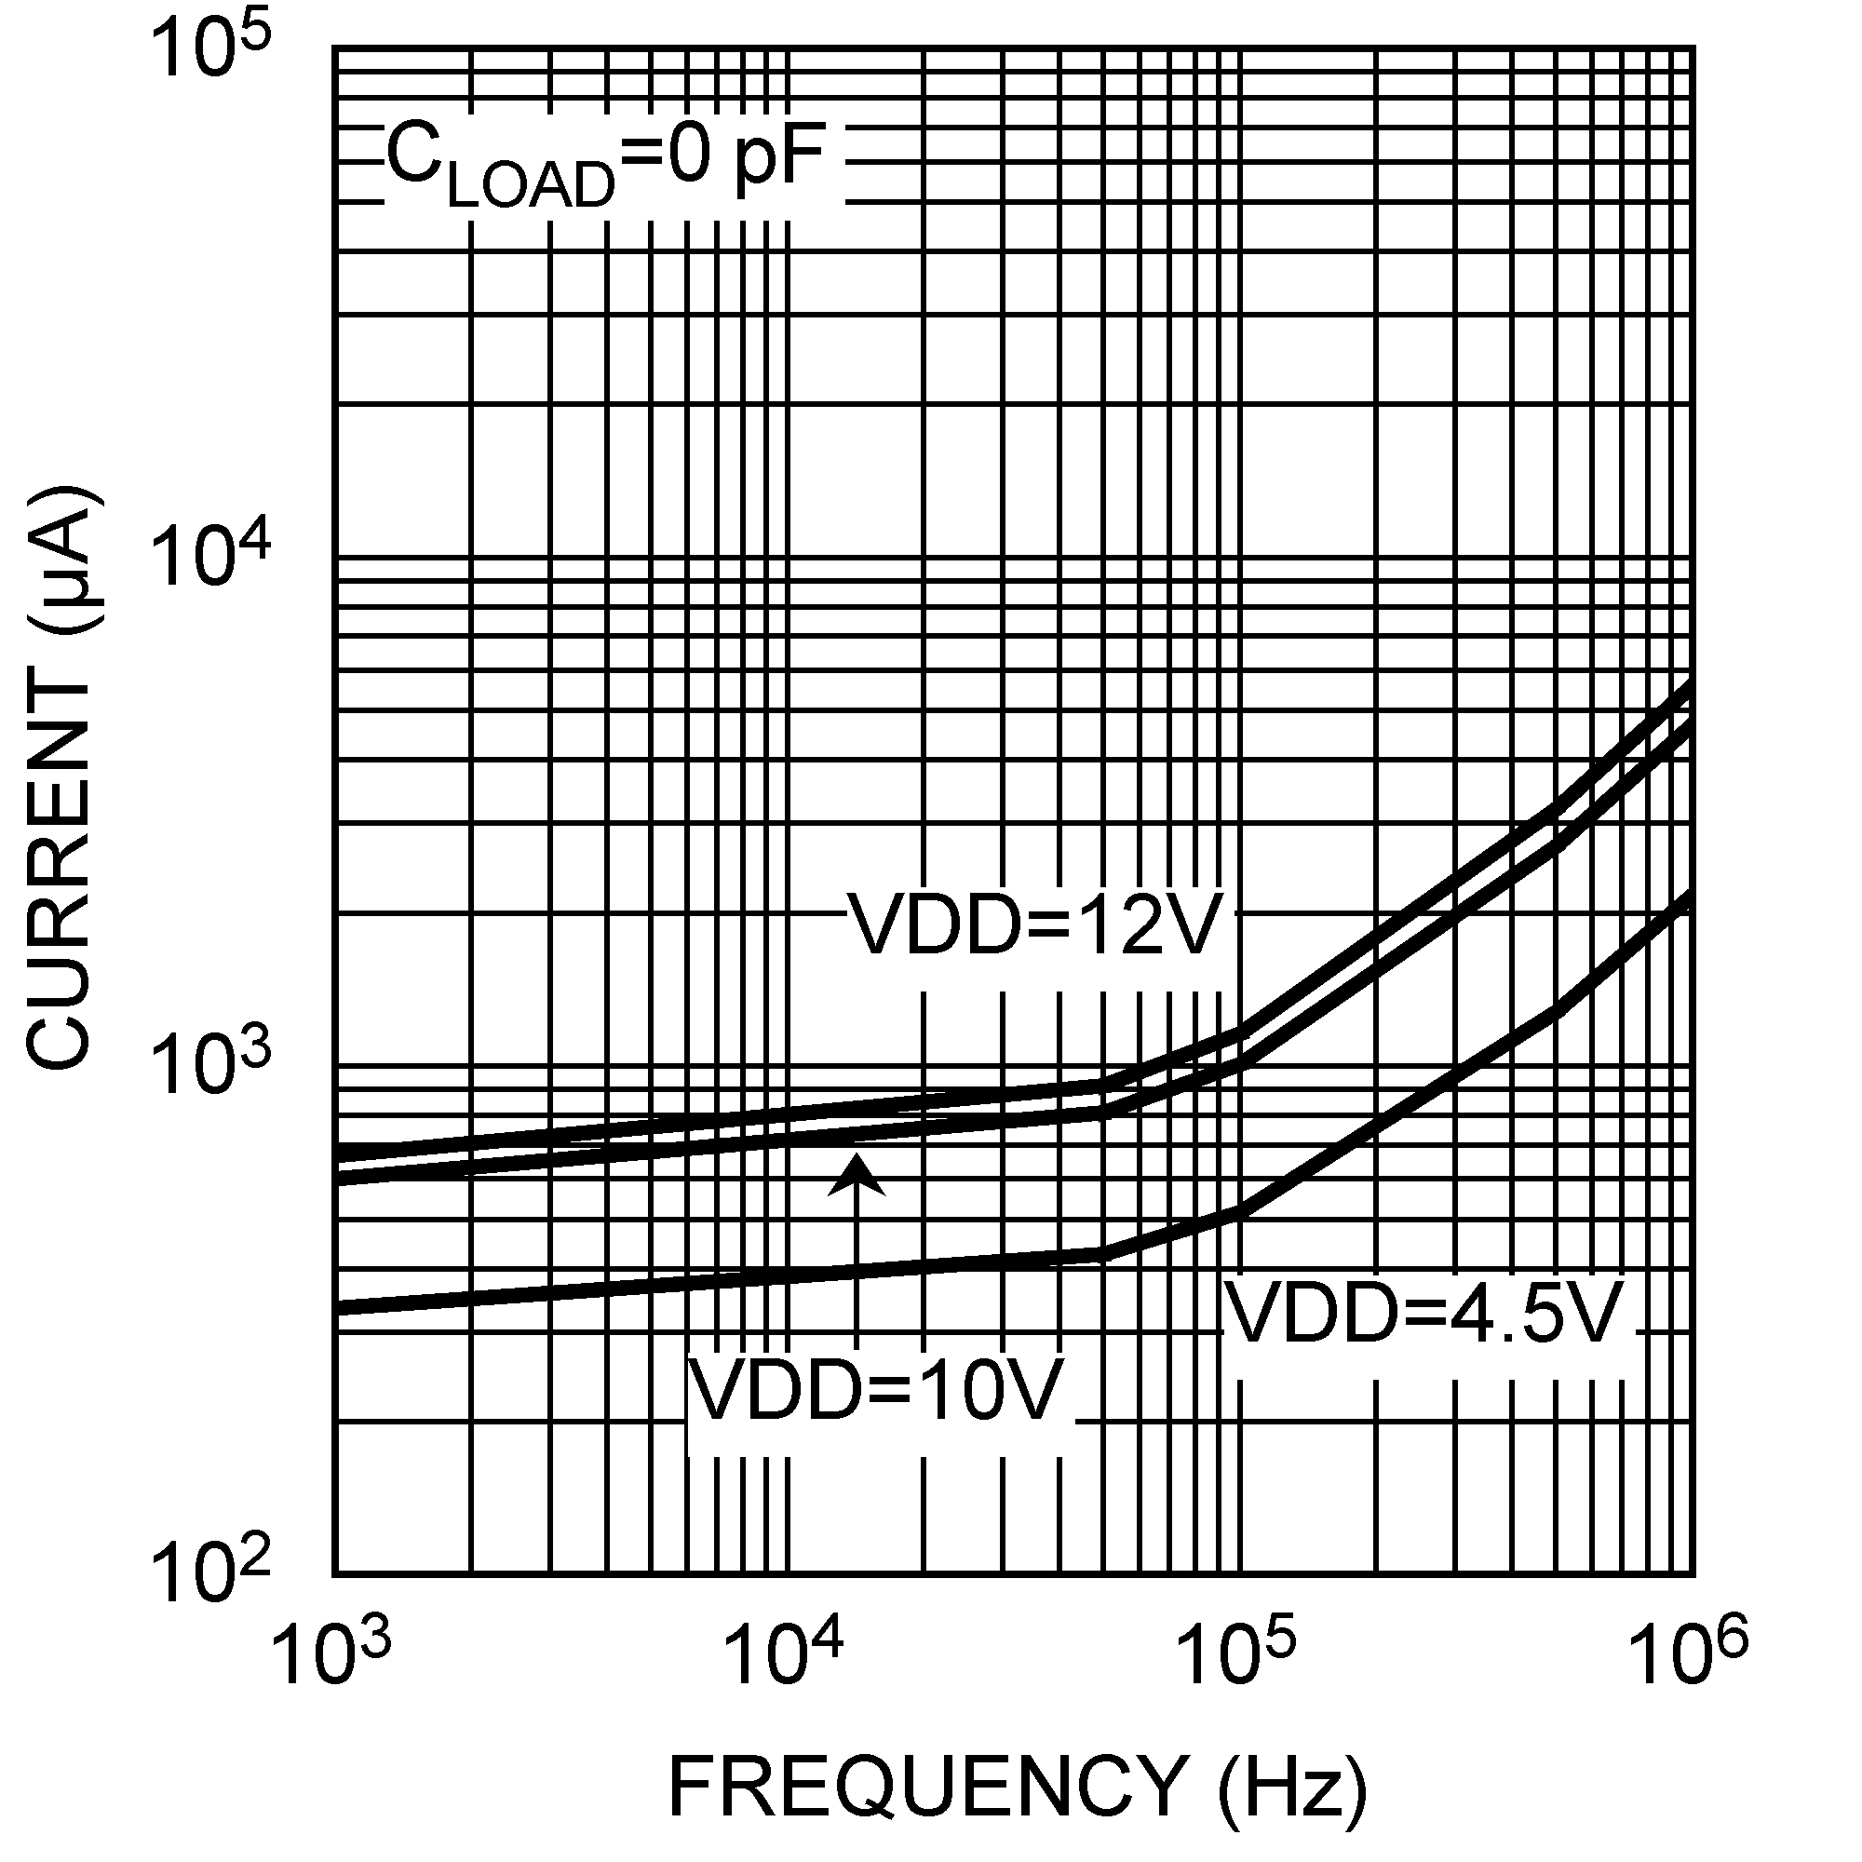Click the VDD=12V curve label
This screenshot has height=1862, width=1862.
pos(1037,925)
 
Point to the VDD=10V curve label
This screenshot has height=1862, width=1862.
pos(878,1392)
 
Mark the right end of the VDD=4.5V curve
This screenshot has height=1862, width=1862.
pos(1690,896)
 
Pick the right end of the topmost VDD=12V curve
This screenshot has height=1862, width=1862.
pos(1690,684)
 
